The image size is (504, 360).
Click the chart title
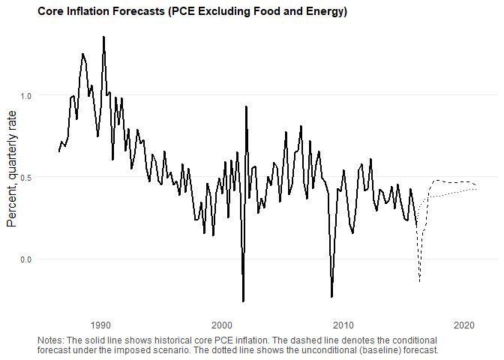pyautogui.click(x=192, y=13)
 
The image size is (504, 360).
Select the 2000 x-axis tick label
pyautogui.click(x=222, y=325)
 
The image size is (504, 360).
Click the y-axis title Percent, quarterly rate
pyautogui.click(x=12, y=178)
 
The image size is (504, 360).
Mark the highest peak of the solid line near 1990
pyautogui.click(x=103, y=37)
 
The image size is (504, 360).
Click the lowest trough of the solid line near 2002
pyautogui.click(x=243, y=301)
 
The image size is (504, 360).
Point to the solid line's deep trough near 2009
pyautogui.click(x=331, y=297)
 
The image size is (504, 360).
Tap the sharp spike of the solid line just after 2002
pyautogui.click(x=246, y=106)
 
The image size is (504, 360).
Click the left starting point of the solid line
pyautogui.click(x=58, y=151)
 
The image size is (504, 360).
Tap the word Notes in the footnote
pyautogui.click(x=50, y=340)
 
